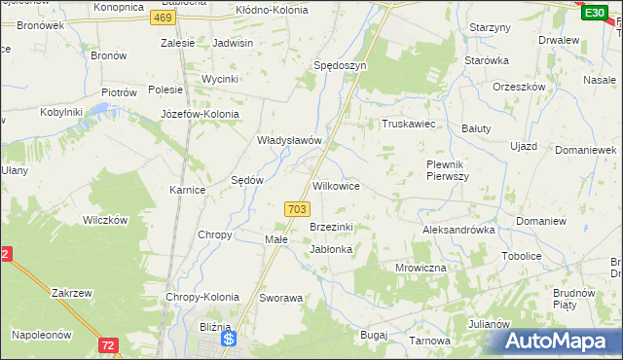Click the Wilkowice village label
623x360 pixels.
point(336,185)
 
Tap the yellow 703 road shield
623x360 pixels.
point(298,209)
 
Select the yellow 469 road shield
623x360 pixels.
point(164,18)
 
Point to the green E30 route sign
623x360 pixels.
point(594,11)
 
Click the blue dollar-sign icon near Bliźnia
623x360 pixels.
point(229,340)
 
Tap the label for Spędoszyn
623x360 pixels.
point(339,64)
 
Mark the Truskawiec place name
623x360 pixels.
point(407,125)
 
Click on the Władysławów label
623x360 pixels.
point(288,140)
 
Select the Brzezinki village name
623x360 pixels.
point(331,227)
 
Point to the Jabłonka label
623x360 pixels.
point(330,249)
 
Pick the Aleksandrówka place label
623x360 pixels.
point(458,231)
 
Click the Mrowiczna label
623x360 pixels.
point(421,267)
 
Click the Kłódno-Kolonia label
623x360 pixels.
point(272,10)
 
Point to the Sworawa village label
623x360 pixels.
point(282,298)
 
